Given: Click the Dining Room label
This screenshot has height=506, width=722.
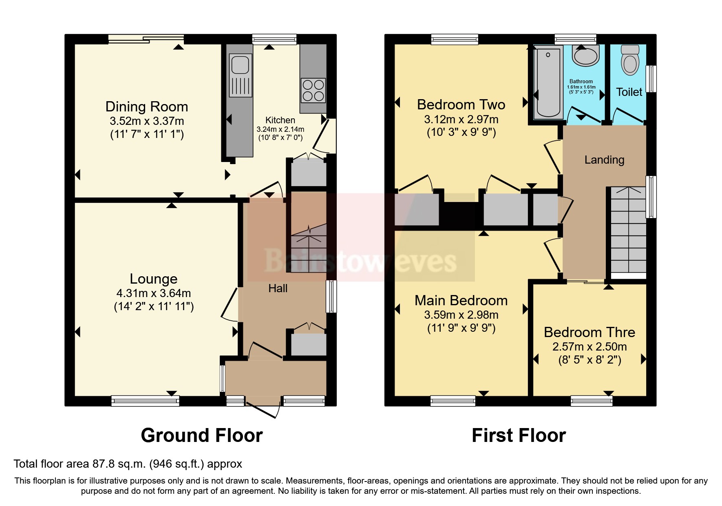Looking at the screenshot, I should click(x=147, y=107).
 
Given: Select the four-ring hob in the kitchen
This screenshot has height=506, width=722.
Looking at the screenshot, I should click(x=313, y=90).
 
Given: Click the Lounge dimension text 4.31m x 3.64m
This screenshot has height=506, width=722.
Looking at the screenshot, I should click(x=153, y=293).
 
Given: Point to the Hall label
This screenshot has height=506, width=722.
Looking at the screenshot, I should click(x=278, y=289).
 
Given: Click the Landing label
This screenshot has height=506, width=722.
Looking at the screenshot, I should click(x=604, y=160).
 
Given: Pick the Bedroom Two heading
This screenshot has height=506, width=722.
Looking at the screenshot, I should click(x=461, y=104).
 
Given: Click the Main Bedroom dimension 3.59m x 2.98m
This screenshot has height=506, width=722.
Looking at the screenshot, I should click(x=461, y=315).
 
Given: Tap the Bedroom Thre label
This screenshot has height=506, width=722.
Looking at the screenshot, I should click(x=589, y=332).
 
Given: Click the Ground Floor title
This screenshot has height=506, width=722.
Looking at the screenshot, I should click(x=201, y=435).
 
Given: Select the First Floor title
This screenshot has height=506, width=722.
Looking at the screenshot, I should click(x=519, y=435).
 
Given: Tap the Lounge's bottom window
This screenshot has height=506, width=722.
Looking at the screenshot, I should click(x=146, y=402).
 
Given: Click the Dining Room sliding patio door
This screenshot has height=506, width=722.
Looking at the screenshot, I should click(x=146, y=39).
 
